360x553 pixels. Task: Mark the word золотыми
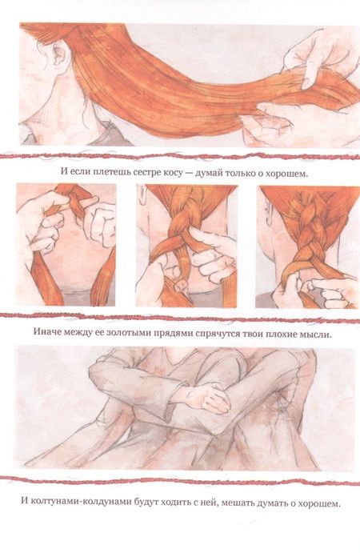click(x=128, y=333)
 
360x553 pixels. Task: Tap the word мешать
click(x=238, y=503)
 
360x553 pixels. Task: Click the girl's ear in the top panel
click(x=59, y=53)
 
